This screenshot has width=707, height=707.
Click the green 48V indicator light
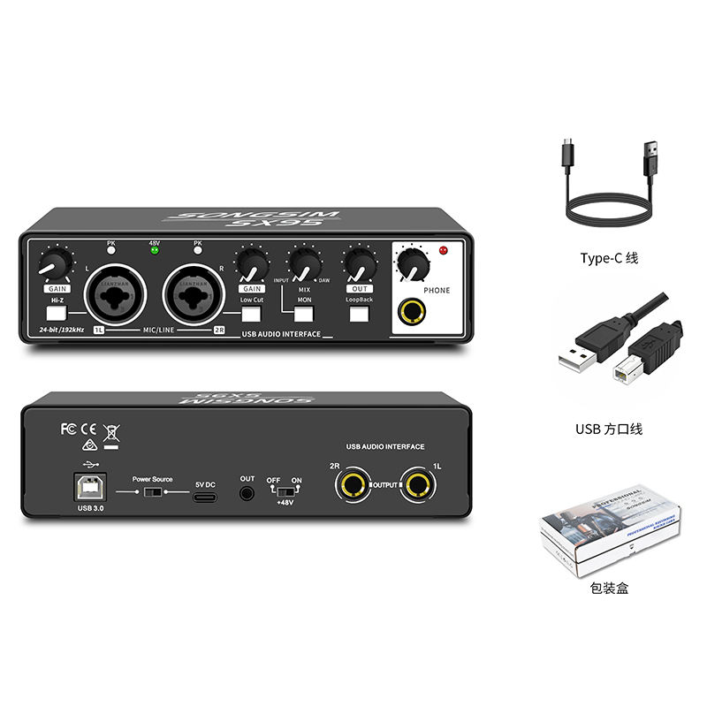pos(156,250)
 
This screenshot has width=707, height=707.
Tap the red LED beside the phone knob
pos(444,251)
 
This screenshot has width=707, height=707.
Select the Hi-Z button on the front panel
pos(57,311)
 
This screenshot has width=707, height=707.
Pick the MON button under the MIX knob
pos(304,311)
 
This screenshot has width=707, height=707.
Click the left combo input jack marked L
pos(115,293)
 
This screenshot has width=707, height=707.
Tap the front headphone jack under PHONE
pos(410,312)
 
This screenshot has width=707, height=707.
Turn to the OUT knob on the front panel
pos(359,264)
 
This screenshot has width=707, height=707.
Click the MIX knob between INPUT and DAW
pos(305,264)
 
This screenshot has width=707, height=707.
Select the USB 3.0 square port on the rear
pos(91,487)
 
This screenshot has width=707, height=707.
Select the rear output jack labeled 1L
pos(415,484)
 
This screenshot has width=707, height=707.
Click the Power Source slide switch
pos(152,491)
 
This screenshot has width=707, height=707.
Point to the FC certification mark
pos(68,429)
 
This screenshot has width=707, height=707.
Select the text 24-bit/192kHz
pos(57,330)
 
